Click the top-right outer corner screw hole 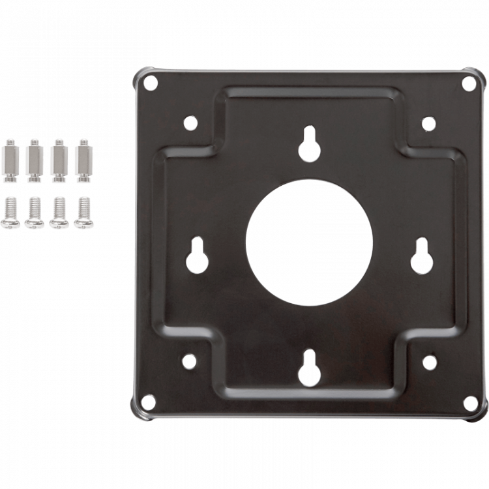[x=467, y=83]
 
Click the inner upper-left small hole [x=190, y=122]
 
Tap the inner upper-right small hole [x=428, y=122]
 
